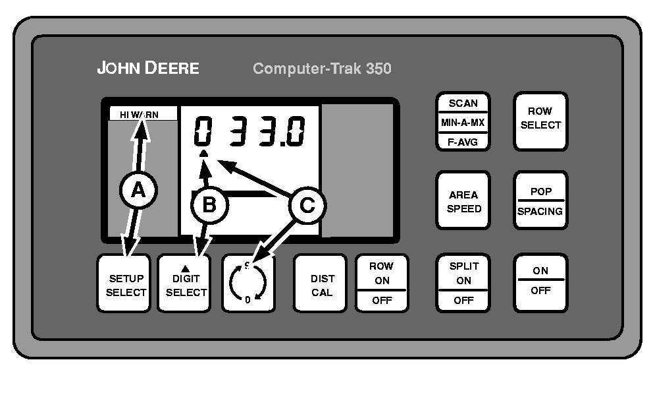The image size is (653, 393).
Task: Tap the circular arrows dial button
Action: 248,284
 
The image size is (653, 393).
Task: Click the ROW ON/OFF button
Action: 381,284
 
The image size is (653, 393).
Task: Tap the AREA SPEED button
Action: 465,201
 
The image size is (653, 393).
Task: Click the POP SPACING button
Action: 540,201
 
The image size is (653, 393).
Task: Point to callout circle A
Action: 138,191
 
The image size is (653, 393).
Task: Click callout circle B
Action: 209,205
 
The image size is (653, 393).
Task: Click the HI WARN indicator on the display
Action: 140,114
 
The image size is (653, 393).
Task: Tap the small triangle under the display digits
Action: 204,154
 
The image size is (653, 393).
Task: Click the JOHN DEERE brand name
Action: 147,68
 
